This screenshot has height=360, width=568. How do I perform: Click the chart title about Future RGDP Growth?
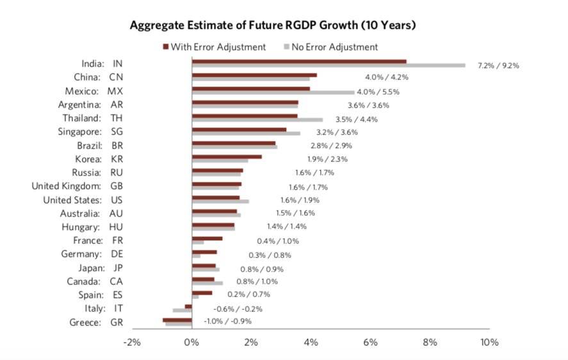click(273, 26)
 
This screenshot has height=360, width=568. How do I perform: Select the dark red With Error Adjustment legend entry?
click(215, 47)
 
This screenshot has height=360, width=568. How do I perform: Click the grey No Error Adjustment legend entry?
click(330, 47)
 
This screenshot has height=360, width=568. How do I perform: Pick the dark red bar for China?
click(254, 75)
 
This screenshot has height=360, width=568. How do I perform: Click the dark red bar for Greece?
click(177, 320)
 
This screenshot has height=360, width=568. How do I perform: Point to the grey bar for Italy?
click(183, 310)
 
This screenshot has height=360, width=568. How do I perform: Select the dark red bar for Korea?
click(227, 156)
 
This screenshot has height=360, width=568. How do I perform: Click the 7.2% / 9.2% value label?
click(498, 65)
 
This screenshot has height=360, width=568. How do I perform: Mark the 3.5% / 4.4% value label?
click(357, 119)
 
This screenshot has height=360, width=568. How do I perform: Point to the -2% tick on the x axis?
click(132, 343)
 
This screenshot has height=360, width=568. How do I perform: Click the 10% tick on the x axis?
click(489, 343)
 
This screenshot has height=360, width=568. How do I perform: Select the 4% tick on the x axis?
click(311, 343)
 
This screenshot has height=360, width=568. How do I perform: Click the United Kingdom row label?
click(67, 186)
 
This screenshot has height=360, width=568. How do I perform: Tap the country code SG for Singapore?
click(117, 132)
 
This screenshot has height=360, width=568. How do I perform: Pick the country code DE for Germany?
click(117, 254)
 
